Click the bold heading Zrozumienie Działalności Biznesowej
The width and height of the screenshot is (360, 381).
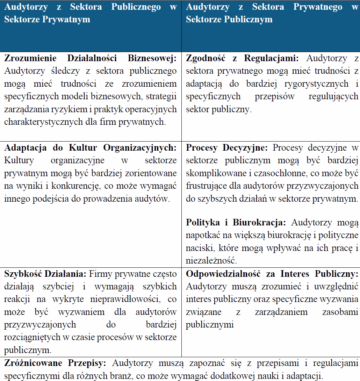pos(90,59)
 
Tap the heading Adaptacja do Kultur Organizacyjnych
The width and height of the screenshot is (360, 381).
pos(90,148)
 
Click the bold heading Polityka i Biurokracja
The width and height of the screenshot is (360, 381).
pos(236,223)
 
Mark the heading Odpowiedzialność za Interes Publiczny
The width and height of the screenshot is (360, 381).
pos(272,274)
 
